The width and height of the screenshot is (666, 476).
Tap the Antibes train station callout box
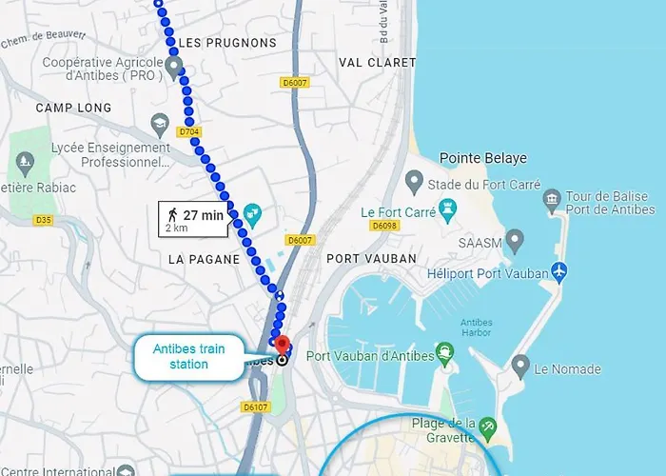(x=189, y=356)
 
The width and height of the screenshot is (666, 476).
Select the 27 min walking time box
(x=193, y=219)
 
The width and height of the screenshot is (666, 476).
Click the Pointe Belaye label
(x=482, y=158)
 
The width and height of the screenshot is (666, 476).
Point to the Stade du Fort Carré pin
(x=414, y=179)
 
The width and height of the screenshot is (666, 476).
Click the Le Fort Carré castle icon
(x=447, y=208)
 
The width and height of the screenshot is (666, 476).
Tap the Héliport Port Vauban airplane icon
(x=558, y=271)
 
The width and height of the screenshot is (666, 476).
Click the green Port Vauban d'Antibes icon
(x=443, y=353)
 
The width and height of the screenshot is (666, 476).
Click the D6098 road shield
(x=384, y=226)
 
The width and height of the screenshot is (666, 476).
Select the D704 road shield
(x=189, y=132)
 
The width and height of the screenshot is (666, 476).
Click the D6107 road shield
(x=256, y=407)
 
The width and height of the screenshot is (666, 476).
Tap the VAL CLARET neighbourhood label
(x=378, y=63)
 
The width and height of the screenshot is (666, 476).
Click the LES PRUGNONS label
(x=228, y=44)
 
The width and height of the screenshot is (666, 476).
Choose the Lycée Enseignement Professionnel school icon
(x=160, y=125)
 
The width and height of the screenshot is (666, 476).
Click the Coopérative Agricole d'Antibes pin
(x=174, y=65)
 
